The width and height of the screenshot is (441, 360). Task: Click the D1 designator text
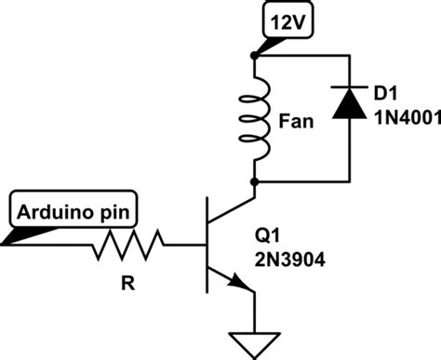(x=383, y=94)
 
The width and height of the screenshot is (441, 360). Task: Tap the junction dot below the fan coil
(x=255, y=180)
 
